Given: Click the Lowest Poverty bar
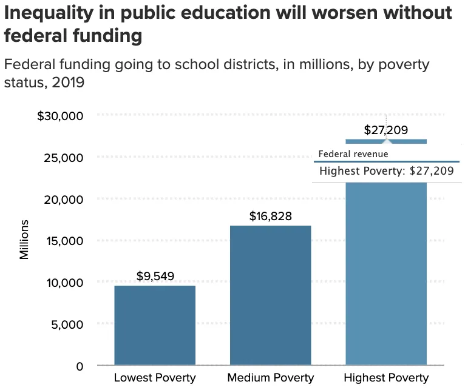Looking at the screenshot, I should click(155, 326).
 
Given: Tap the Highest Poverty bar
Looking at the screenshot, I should click(386, 273).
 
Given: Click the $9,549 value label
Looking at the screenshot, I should click(155, 277).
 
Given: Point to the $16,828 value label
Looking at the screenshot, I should click(271, 217).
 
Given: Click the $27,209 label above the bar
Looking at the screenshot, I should click(386, 130).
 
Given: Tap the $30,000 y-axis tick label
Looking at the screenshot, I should click(60, 116).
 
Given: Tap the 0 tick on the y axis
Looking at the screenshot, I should click(80, 366).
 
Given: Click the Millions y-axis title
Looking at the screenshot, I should click(25, 241).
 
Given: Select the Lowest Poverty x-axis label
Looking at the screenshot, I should click(155, 378).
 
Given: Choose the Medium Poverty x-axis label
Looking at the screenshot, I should click(271, 378).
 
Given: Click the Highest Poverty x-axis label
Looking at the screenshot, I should click(386, 378).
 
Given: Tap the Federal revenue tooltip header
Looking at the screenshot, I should click(353, 154).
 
